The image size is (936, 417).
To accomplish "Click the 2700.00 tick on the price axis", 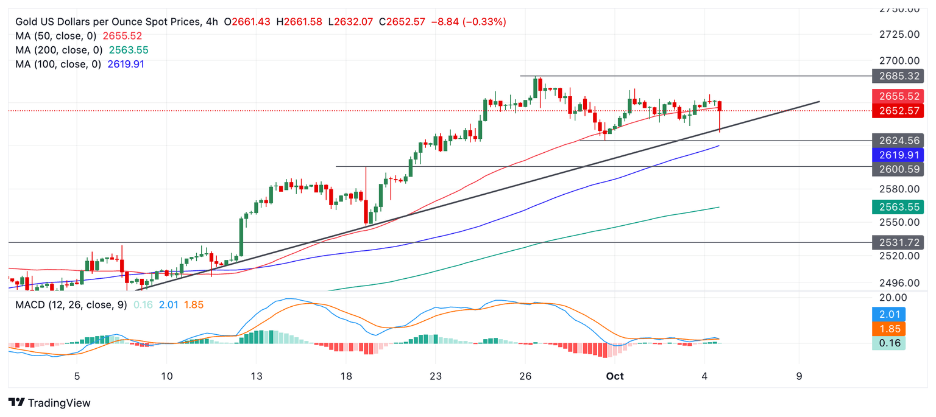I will [899, 61].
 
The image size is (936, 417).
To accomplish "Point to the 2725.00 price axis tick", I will [899, 34].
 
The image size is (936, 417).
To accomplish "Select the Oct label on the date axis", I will [615, 376].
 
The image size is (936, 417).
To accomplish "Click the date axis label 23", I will [435, 376].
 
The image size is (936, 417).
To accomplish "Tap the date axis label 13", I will [256, 376].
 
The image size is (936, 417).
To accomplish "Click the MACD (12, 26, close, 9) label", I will [71, 304].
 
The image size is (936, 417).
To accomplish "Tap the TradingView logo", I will [50, 402].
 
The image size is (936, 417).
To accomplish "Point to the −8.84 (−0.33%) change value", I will [468, 22].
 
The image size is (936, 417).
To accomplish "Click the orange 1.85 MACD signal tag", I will [889, 329].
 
